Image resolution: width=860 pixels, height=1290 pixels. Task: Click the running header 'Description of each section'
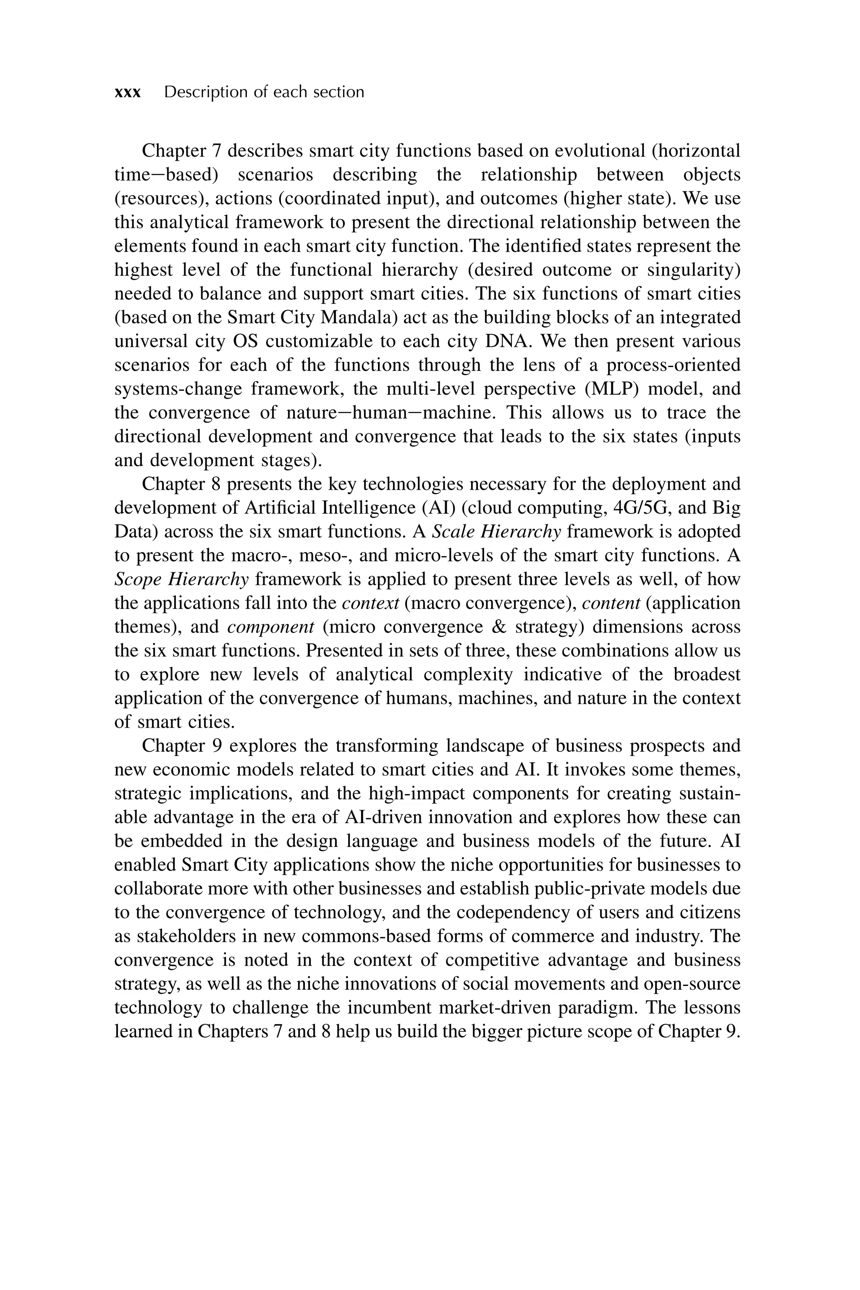(264, 92)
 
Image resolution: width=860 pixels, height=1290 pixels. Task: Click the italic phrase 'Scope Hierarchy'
(181, 579)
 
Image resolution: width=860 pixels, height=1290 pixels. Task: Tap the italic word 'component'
(270, 627)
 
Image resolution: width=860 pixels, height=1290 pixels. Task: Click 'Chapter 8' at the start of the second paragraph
(179, 484)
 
